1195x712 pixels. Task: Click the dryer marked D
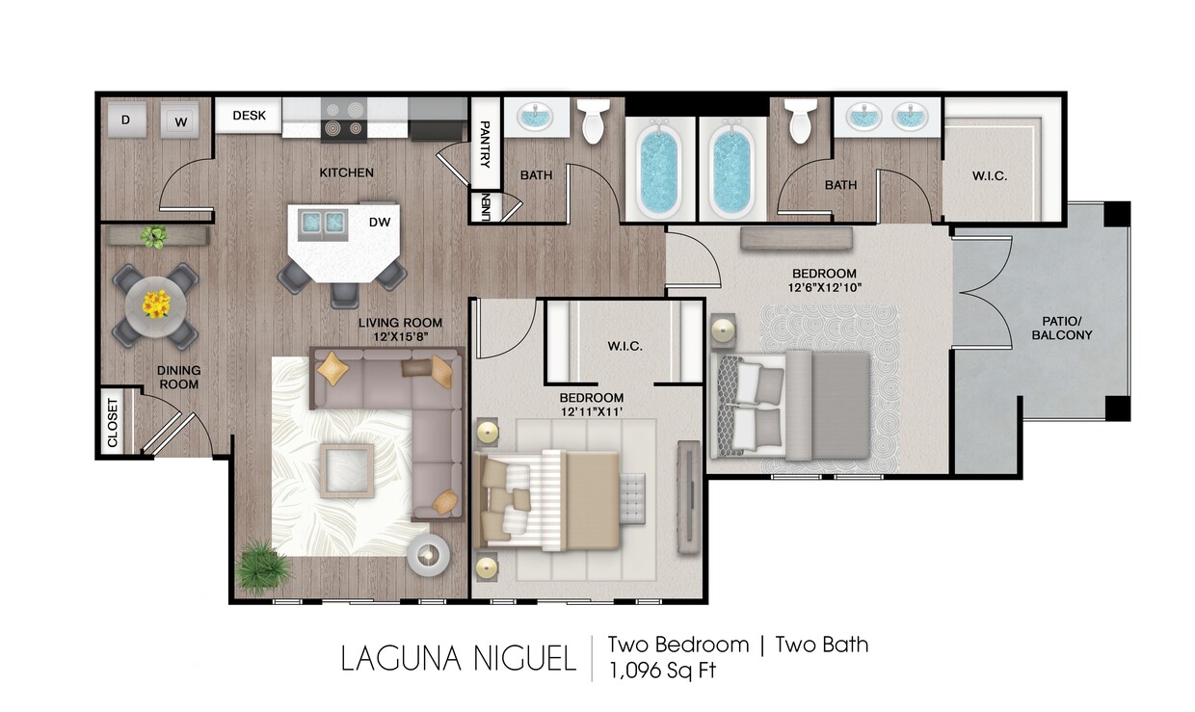point(125,119)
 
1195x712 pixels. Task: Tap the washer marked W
point(178,121)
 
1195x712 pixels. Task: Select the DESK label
point(249,116)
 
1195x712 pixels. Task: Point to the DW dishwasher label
point(380,222)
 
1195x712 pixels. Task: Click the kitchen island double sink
point(323,223)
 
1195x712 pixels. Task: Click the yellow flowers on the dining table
point(155,304)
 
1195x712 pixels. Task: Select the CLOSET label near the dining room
point(112,422)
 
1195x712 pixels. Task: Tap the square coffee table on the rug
point(347,471)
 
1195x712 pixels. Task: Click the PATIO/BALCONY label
point(1061,328)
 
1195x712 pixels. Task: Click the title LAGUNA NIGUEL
point(458,659)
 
